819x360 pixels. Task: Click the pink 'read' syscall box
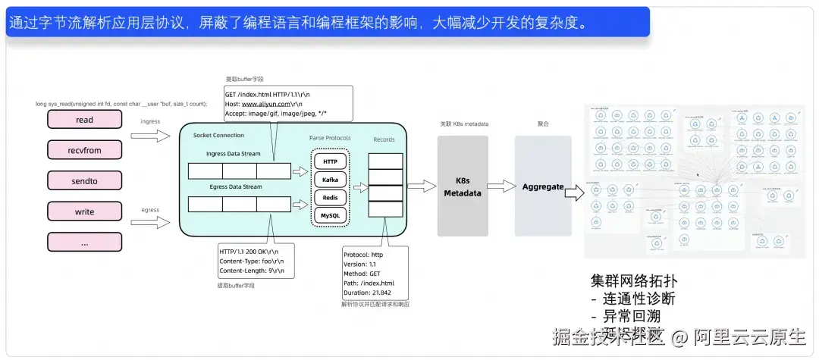pyautogui.click(x=85, y=120)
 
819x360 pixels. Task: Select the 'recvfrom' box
pyautogui.click(x=85, y=150)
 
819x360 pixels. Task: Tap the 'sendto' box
pyautogui.click(x=85, y=180)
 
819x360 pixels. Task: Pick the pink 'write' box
pyautogui.click(x=85, y=211)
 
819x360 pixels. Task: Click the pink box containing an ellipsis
pyautogui.click(x=85, y=242)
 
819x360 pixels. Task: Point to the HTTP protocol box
pyautogui.click(x=330, y=161)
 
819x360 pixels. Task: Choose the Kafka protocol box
pyautogui.click(x=330, y=180)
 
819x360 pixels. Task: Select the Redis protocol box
pyautogui.click(x=330, y=198)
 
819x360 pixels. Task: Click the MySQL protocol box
pyautogui.click(x=330, y=216)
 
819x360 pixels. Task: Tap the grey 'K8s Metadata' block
pyautogui.click(x=462, y=187)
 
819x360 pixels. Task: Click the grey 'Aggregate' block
pyautogui.click(x=542, y=186)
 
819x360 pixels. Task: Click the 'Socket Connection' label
pyautogui.click(x=218, y=136)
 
